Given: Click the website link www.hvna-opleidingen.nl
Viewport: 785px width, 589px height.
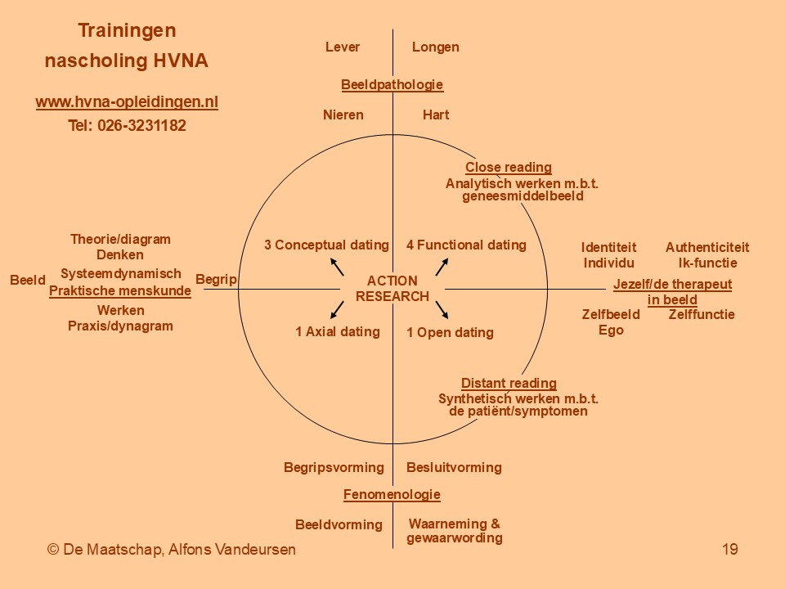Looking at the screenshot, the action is tap(127, 101).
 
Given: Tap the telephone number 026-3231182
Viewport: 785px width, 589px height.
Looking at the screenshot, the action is tap(141, 125).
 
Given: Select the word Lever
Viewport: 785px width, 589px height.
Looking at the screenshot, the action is tap(343, 47).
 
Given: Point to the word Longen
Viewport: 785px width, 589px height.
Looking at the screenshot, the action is tap(436, 47).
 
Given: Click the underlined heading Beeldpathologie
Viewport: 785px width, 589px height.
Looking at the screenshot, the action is tap(392, 84).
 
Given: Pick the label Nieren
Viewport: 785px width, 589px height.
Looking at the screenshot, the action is tap(343, 115).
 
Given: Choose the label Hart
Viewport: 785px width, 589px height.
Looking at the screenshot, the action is tap(436, 115).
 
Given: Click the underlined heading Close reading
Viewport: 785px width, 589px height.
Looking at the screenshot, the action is tap(509, 168).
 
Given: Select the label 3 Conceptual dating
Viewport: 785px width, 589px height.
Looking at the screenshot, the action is tap(326, 245).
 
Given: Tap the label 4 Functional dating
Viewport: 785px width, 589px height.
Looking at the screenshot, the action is tap(466, 245).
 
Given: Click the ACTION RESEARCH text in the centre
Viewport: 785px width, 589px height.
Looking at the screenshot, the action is tap(392, 289).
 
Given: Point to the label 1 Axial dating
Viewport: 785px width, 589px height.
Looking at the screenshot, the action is tap(338, 331).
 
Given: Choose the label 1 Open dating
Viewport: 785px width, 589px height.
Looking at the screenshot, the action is tap(450, 333).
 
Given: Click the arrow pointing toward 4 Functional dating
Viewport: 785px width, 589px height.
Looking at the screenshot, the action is tap(442, 267).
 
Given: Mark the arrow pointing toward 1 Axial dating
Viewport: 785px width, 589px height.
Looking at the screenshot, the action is tap(337, 309).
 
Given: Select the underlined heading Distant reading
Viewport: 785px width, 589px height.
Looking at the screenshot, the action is tap(509, 384).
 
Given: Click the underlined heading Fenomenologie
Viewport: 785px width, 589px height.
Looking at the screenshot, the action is tap(392, 495).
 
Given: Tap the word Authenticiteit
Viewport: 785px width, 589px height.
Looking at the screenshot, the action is tap(706, 247).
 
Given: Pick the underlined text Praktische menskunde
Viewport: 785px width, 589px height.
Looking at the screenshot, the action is tap(120, 291).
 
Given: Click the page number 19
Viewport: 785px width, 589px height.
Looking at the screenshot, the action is tap(730, 550).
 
